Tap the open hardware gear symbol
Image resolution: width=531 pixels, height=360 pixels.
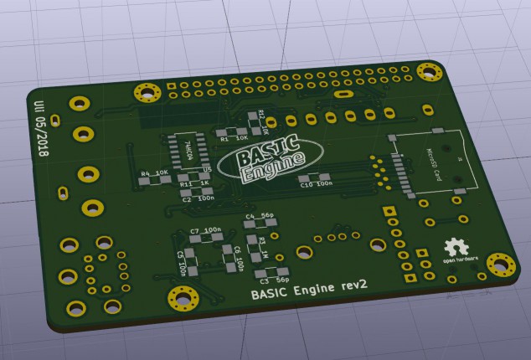pos(456,248)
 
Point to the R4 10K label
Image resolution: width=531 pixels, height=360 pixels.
pos(154,174)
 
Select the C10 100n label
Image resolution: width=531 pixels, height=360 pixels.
pos(316,183)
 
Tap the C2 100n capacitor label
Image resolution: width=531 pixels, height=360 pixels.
pos(198,198)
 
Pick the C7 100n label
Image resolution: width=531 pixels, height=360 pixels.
pos(205,230)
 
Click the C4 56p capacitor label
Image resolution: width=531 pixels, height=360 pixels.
pos(260,216)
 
